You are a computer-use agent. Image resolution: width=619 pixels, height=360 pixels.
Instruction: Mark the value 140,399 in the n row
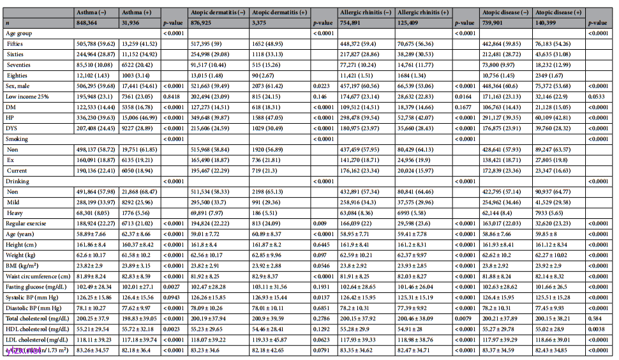pyautogui.click(x=549, y=22)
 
